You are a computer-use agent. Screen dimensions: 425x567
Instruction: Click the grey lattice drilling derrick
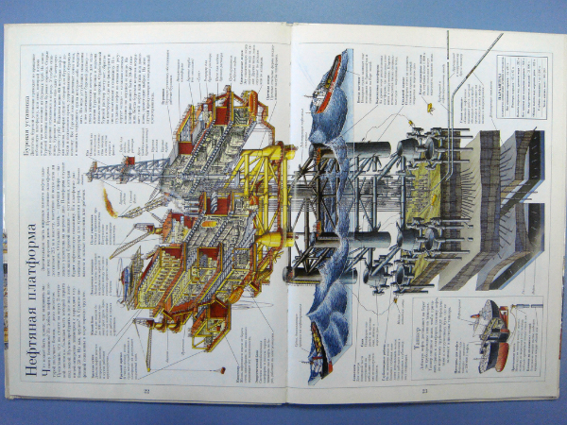(128, 169)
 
